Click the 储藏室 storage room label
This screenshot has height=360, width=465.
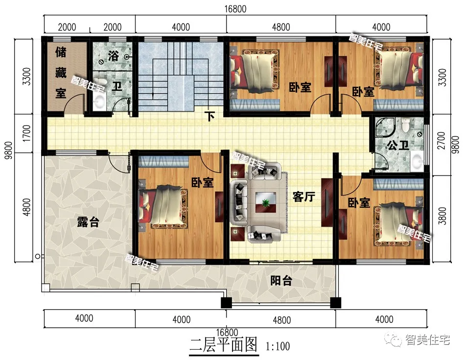tap(61, 72)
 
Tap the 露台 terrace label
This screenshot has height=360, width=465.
tap(88, 222)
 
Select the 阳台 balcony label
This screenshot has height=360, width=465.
tap(281, 280)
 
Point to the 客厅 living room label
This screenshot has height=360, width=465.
tap(303, 197)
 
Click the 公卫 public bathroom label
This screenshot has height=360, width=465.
tap(398, 145)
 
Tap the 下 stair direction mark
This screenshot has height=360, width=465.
tap(210, 116)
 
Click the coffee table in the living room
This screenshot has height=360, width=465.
tap(266, 202)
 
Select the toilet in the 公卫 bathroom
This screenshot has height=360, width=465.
tap(404, 124)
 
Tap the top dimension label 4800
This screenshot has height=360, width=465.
tap(281, 27)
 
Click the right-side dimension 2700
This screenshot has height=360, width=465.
tap(442, 140)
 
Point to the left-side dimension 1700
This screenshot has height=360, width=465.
tap(27, 134)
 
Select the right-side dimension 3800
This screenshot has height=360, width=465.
tap(442, 216)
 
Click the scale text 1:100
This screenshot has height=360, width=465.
tap(278, 346)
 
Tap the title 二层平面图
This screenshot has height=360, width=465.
tap(223, 345)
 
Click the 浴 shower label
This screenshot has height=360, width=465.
tap(113, 55)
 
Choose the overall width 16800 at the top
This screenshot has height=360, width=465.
tap(235, 9)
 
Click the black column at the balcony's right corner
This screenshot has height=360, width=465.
tap(336, 302)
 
